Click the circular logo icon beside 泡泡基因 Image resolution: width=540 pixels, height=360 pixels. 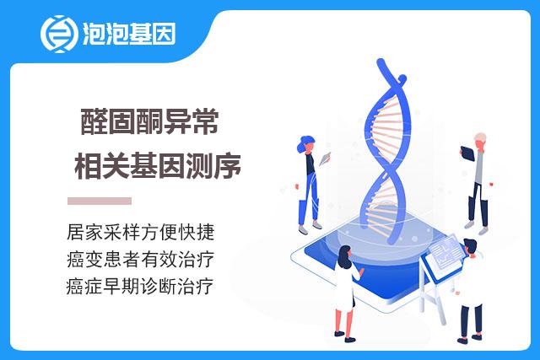coord(59,34)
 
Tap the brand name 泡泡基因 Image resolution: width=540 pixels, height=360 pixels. coord(129,34)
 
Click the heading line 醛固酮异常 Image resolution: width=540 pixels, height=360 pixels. coord(150,121)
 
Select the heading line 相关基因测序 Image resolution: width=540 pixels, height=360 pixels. coord(158,165)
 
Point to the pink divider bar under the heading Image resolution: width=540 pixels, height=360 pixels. coord(100,201)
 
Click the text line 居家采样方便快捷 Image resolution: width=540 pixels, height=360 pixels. coord(141,232)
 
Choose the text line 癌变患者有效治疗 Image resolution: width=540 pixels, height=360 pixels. coord(141,259)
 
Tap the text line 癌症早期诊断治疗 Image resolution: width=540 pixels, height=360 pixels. coord(140,287)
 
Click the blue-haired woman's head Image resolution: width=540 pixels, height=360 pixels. coord(305,144)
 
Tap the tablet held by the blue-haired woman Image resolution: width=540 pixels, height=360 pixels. coord(324,159)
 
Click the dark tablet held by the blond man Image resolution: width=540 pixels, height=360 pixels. coord(467,153)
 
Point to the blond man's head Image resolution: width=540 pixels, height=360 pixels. coord(480,142)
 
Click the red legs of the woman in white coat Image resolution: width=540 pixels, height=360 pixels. coord(344,322)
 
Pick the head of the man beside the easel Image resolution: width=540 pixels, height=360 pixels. coord(471,248)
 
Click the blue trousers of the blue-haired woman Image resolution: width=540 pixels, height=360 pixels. coord(310,200)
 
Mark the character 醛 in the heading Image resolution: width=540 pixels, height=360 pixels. coord(94,121)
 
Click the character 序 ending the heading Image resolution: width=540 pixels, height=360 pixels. coord(228,165)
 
